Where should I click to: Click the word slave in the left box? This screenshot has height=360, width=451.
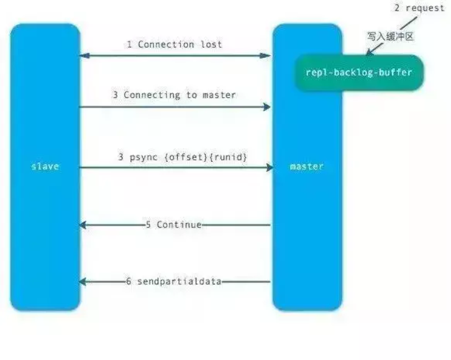coord(45,167)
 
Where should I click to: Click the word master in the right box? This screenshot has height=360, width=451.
coord(307,167)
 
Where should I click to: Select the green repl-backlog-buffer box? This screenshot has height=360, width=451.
coord(358,73)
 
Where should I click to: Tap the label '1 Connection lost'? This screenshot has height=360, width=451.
coord(174,45)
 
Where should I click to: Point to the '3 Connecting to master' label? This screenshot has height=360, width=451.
coord(174,95)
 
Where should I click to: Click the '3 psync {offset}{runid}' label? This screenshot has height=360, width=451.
coord(183,157)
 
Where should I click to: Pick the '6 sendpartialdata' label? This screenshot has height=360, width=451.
coord(174,282)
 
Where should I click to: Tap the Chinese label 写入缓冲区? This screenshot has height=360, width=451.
coord(390,37)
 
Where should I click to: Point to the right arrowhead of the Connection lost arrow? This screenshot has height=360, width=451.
coord(268,56)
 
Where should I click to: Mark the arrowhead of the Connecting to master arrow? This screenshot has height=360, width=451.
coord(268,107)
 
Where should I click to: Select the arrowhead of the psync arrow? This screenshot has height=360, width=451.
coord(270,168)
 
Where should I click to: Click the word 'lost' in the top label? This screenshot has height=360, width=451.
coord(211,45)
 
